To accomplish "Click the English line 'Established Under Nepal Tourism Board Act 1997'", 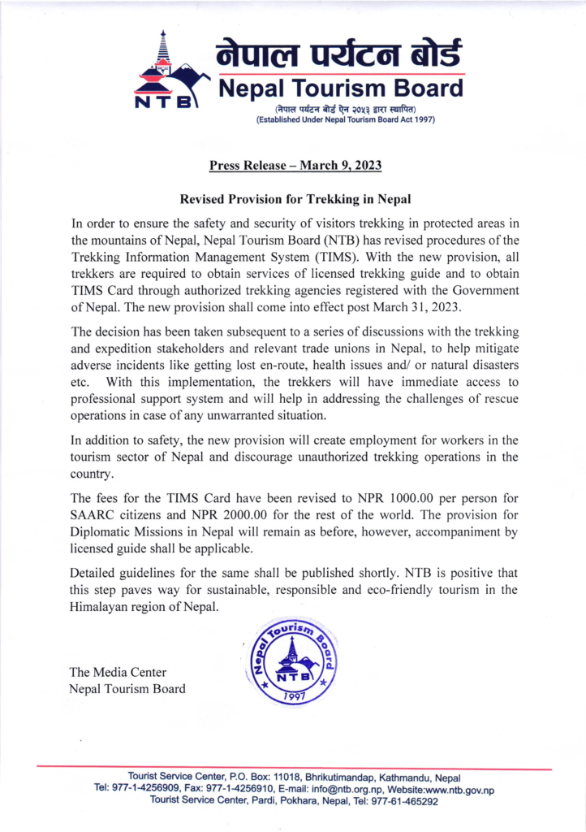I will pyautogui.click(x=346, y=120).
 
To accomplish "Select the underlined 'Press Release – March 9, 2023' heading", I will pyautogui.click(x=295, y=166).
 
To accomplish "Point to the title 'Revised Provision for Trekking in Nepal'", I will pyautogui.click(x=295, y=199).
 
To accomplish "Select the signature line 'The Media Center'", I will pyautogui.click(x=118, y=670).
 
